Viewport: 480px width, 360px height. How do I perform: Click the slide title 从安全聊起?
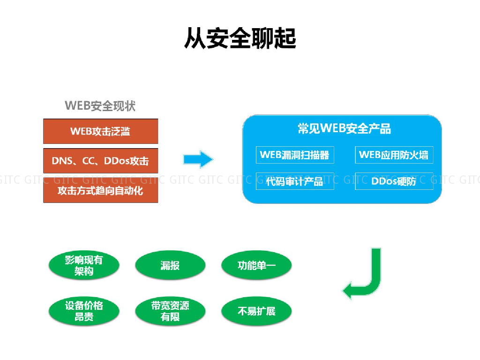240,38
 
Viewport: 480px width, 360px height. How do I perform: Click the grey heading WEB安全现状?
100,105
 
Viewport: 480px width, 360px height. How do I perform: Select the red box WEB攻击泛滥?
100,131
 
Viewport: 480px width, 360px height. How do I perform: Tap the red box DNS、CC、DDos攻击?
100,161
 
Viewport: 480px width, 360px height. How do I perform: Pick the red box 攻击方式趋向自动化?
100,190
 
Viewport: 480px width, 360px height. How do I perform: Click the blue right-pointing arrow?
198,159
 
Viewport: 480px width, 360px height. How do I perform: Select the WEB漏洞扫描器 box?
295,155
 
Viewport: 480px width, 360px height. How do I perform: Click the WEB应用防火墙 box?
394,155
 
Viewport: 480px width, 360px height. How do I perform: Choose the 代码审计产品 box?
295,181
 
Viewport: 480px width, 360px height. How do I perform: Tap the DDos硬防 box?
394,181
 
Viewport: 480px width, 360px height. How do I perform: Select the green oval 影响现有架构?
84,265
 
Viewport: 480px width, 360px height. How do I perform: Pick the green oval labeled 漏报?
170,265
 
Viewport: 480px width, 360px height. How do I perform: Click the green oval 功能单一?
256,265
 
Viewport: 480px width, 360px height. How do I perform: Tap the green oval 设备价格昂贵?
84,311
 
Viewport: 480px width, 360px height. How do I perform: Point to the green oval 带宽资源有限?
170,311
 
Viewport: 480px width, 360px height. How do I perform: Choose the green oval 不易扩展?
256,311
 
